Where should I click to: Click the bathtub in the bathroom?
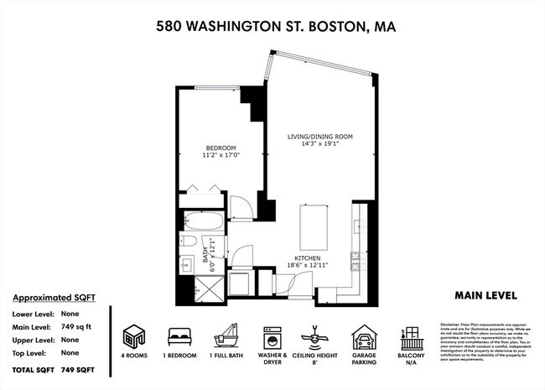tap(202, 224)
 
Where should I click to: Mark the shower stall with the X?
tap(208, 291)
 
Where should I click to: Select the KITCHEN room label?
tap(309, 257)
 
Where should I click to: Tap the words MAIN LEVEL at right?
tap(485, 295)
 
